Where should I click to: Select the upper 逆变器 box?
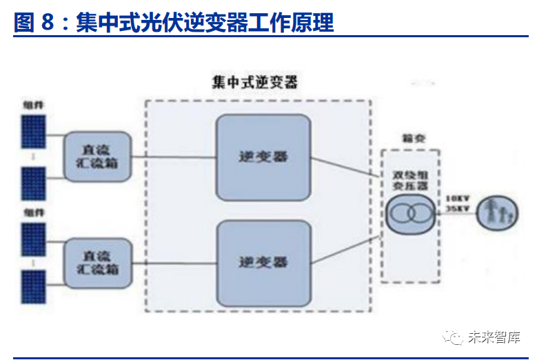263,157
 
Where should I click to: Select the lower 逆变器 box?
263,261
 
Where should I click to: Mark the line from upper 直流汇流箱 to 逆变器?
173,157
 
